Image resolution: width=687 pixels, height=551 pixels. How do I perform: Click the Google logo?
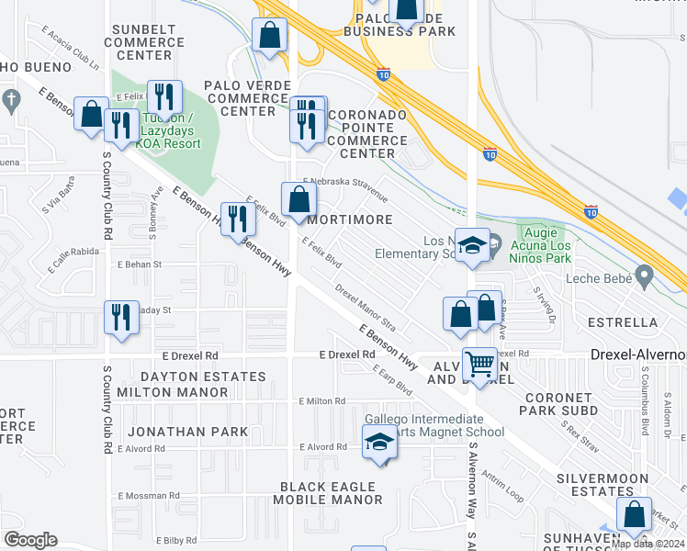point(30,540)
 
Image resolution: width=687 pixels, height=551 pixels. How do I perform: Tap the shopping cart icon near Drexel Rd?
point(479,365)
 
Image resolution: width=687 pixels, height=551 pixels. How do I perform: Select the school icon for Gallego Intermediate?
point(378,443)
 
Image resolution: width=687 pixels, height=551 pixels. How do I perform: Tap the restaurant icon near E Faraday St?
point(121,317)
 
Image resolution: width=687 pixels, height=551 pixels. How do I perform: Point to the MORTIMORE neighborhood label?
point(349,220)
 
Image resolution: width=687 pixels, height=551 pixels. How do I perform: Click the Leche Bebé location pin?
point(644,275)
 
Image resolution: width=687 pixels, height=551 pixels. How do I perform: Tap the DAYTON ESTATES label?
point(203,377)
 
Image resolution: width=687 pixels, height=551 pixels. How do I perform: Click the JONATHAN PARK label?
point(187,432)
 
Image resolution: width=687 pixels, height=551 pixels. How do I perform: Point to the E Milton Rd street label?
point(321,401)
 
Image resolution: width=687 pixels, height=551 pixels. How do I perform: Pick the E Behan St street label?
point(139,264)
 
